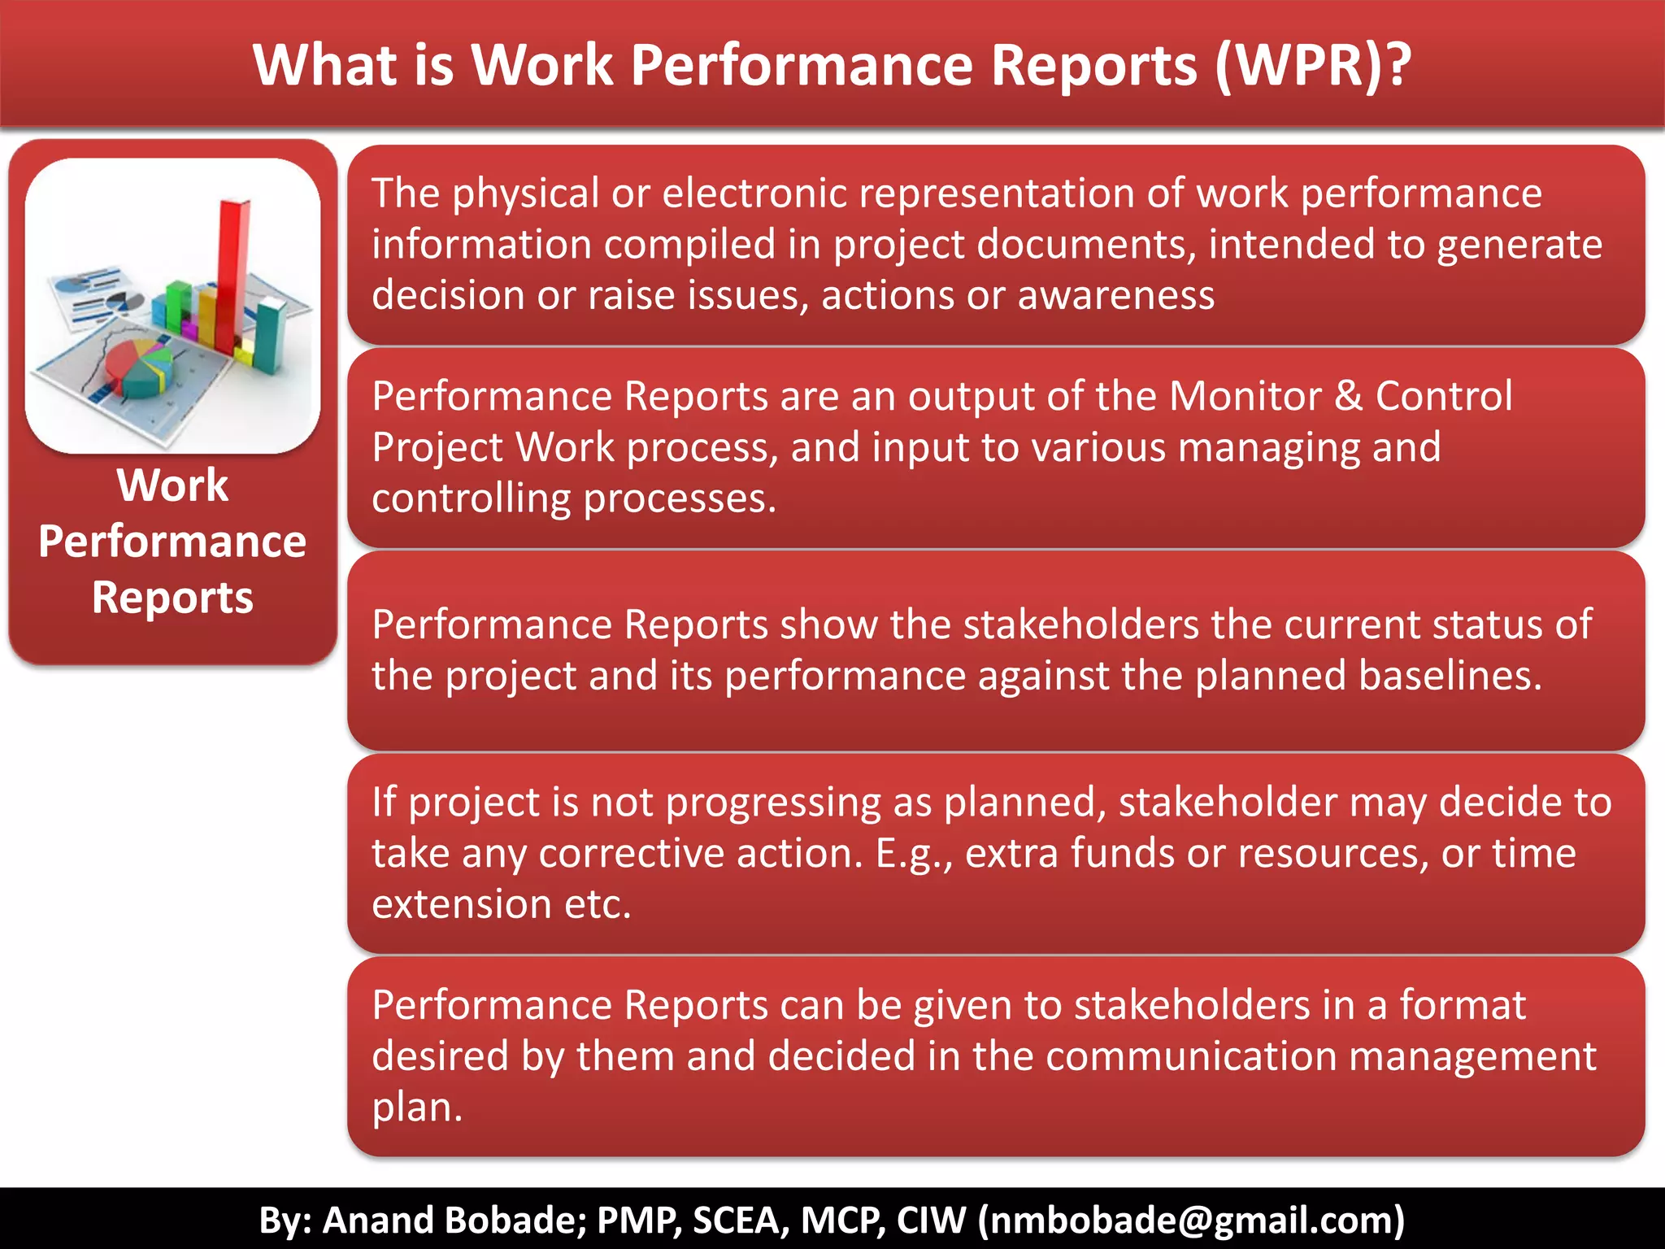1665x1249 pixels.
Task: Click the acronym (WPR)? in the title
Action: click(1312, 65)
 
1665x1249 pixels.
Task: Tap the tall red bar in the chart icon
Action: click(232, 268)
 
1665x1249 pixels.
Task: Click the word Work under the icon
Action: click(172, 485)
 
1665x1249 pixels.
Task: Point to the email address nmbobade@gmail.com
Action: click(1191, 1220)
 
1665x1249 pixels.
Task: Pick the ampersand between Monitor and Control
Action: click(1348, 396)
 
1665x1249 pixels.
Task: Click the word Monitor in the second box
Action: click(1245, 396)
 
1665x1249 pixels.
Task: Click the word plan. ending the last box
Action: click(417, 1108)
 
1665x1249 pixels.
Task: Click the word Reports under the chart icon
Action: click(172, 598)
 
